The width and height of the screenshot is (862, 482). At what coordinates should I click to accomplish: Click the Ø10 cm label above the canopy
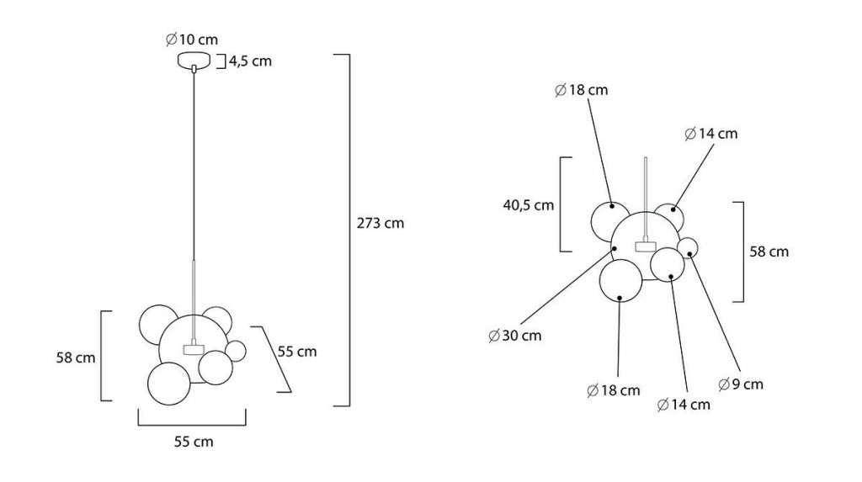pos(192,40)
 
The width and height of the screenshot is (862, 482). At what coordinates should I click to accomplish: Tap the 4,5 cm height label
pos(250,61)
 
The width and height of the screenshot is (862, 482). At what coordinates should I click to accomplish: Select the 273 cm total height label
pos(380,223)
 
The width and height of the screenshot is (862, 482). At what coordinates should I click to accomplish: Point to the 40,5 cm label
pos(529,205)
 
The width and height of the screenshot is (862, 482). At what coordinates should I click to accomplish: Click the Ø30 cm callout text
pos(515,336)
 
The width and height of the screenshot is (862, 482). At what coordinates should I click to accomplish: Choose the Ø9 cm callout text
pos(741,384)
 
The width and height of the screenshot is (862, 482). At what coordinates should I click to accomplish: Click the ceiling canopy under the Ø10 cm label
pos(194,60)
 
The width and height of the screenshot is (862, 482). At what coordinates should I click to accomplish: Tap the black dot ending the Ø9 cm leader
pos(689,253)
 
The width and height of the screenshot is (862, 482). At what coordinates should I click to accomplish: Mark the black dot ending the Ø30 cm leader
pos(615,248)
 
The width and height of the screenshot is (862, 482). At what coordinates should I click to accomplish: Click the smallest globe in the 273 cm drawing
pos(237,351)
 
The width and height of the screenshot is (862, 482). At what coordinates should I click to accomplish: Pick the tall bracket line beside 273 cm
pos(349,230)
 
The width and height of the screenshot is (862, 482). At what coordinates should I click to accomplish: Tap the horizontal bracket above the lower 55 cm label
pos(192,425)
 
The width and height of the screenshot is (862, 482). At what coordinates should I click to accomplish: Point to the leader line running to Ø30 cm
pos(567,287)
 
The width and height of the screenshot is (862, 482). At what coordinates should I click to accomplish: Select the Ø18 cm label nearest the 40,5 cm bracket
pos(582,90)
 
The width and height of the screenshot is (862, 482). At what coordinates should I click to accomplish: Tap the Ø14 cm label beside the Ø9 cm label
pos(684,405)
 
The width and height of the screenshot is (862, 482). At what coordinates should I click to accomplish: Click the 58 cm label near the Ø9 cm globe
pos(769,252)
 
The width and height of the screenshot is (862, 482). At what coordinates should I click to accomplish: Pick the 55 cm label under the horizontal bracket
pos(194,442)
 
